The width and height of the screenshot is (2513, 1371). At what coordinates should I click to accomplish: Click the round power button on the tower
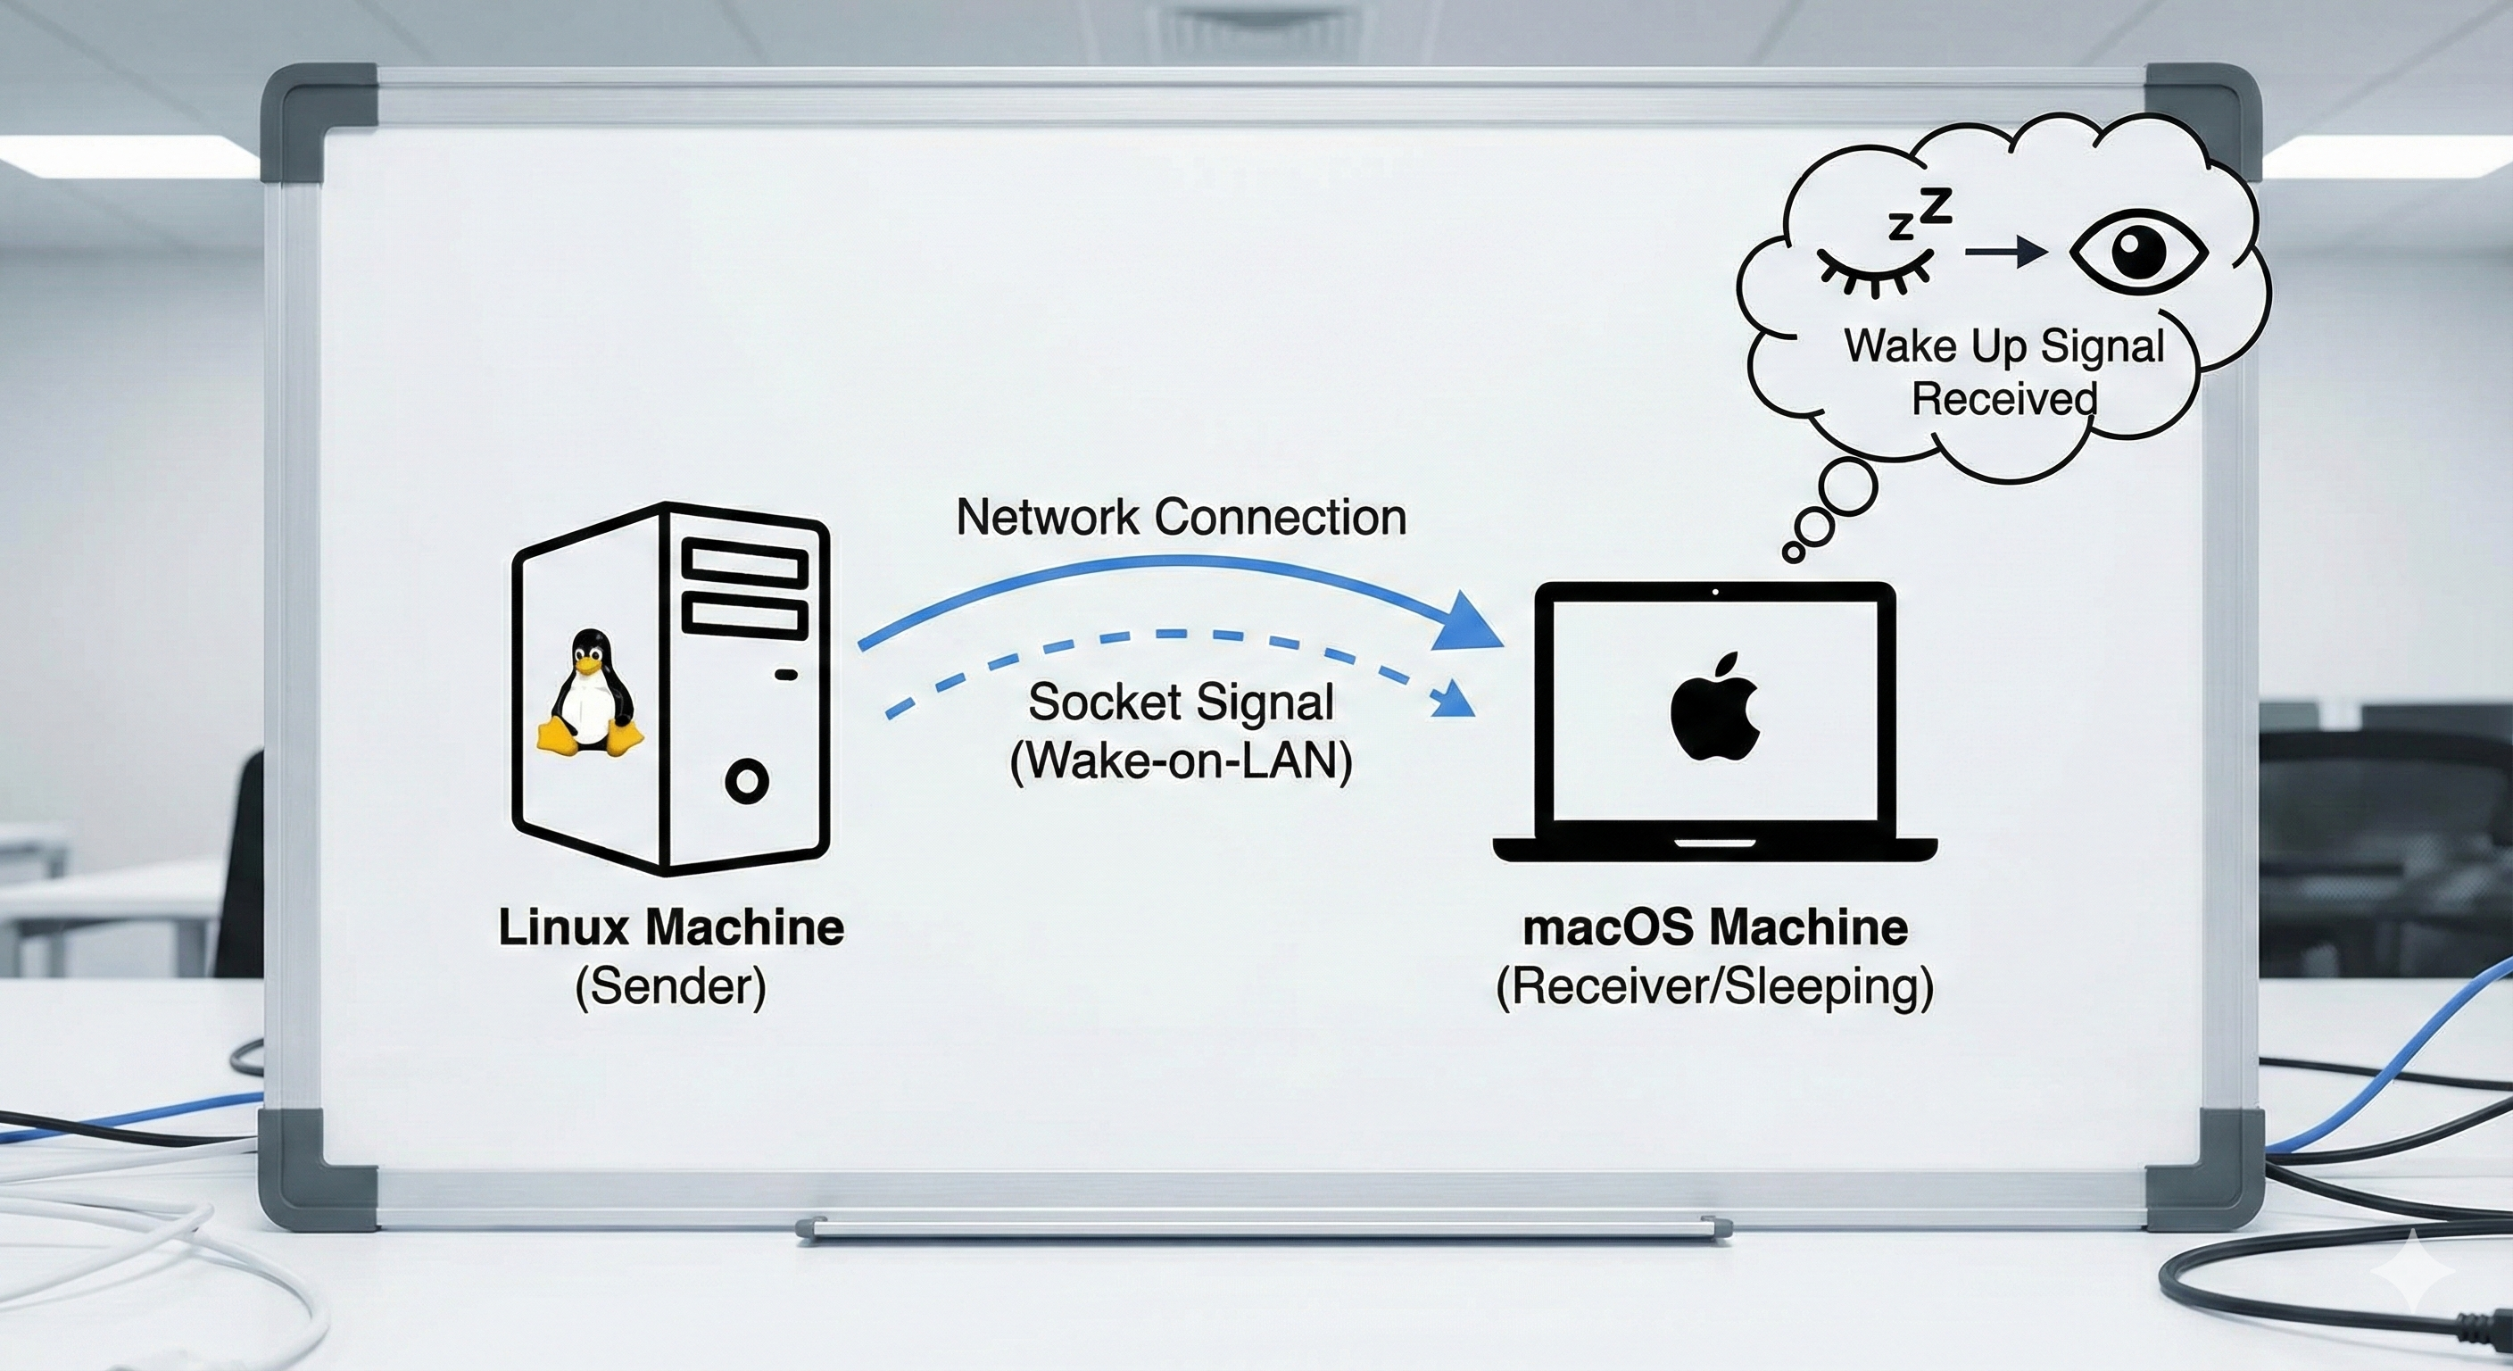tap(747, 781)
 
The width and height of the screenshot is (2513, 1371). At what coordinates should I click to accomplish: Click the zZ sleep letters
tap(1920, 212)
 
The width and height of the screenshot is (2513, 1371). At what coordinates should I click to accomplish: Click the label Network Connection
tap(1181, 517)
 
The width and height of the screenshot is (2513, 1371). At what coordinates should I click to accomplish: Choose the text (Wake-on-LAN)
tap(1181, 760)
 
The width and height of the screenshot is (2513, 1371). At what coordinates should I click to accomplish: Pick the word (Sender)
tap(671, 986)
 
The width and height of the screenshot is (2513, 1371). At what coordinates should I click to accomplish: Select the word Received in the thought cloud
tap(2003, 398)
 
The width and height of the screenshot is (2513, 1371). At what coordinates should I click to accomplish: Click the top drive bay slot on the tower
tap(744, 563)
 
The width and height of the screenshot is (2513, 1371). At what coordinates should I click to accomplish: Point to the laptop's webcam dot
tap(1715, 592)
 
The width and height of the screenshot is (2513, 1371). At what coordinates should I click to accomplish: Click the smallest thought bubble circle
tap(1792, 553)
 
